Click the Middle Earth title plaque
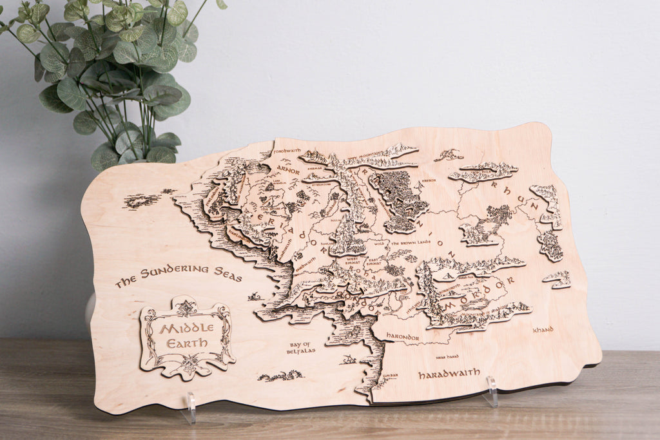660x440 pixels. (x=187, y=337)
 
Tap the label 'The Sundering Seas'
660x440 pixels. (x=179, y=275)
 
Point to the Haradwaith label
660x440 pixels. (x=449, y=373)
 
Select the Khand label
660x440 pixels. (x=543, y=330)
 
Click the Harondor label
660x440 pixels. (x=403, y=337)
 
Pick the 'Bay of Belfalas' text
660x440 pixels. (x=300, y=348)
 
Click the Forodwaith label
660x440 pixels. (x=287, y=151)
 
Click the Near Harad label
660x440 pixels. (x=447, y=356)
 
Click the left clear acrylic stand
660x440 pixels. (x=189, y=408)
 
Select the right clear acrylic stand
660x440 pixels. (x=491, y=392)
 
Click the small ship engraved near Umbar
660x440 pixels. (x=349, y=359)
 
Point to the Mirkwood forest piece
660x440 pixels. (x=400, y=196)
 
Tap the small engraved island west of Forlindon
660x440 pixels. (x=142, y=200)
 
